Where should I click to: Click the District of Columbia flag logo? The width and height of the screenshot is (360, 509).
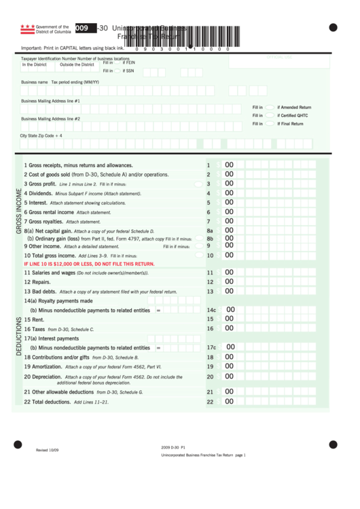coord(27,29)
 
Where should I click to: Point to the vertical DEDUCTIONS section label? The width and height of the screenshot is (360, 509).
coord(19,336)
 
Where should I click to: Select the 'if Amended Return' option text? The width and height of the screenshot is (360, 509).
coord(294,107)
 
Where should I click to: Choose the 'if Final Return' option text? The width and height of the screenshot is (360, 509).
coord(290,124)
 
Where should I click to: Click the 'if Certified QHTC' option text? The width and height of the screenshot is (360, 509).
coord(292,116)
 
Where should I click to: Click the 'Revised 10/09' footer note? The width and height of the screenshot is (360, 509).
coord(48,450)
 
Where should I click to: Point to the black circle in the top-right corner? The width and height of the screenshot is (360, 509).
coord(333,27)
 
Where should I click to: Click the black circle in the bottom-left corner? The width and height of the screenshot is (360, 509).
coord(18,444)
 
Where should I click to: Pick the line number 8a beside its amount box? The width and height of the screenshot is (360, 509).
coord(210,231)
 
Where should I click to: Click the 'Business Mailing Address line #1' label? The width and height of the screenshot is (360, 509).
coord(50,101)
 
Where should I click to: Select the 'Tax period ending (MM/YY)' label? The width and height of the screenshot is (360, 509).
coord(75,82)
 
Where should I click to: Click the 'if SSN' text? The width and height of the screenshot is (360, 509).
coord(128,71)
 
